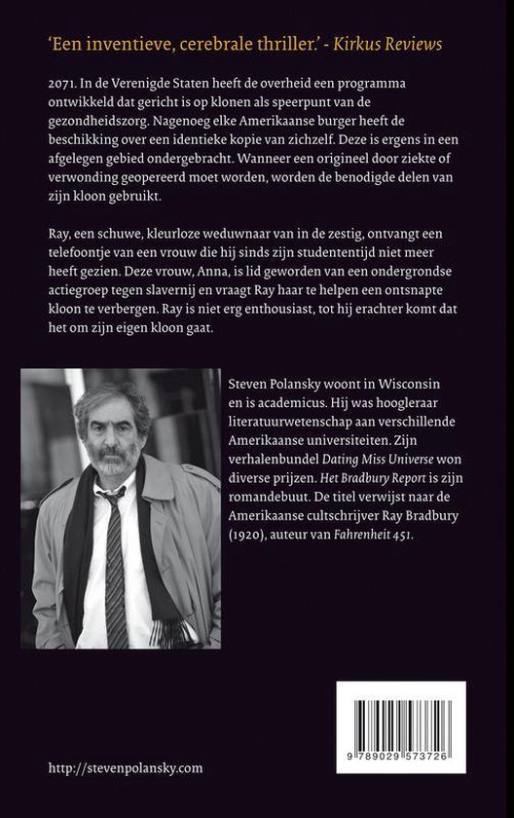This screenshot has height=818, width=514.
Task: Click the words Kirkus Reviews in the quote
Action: pyautogui.click(x=395, y=44)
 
